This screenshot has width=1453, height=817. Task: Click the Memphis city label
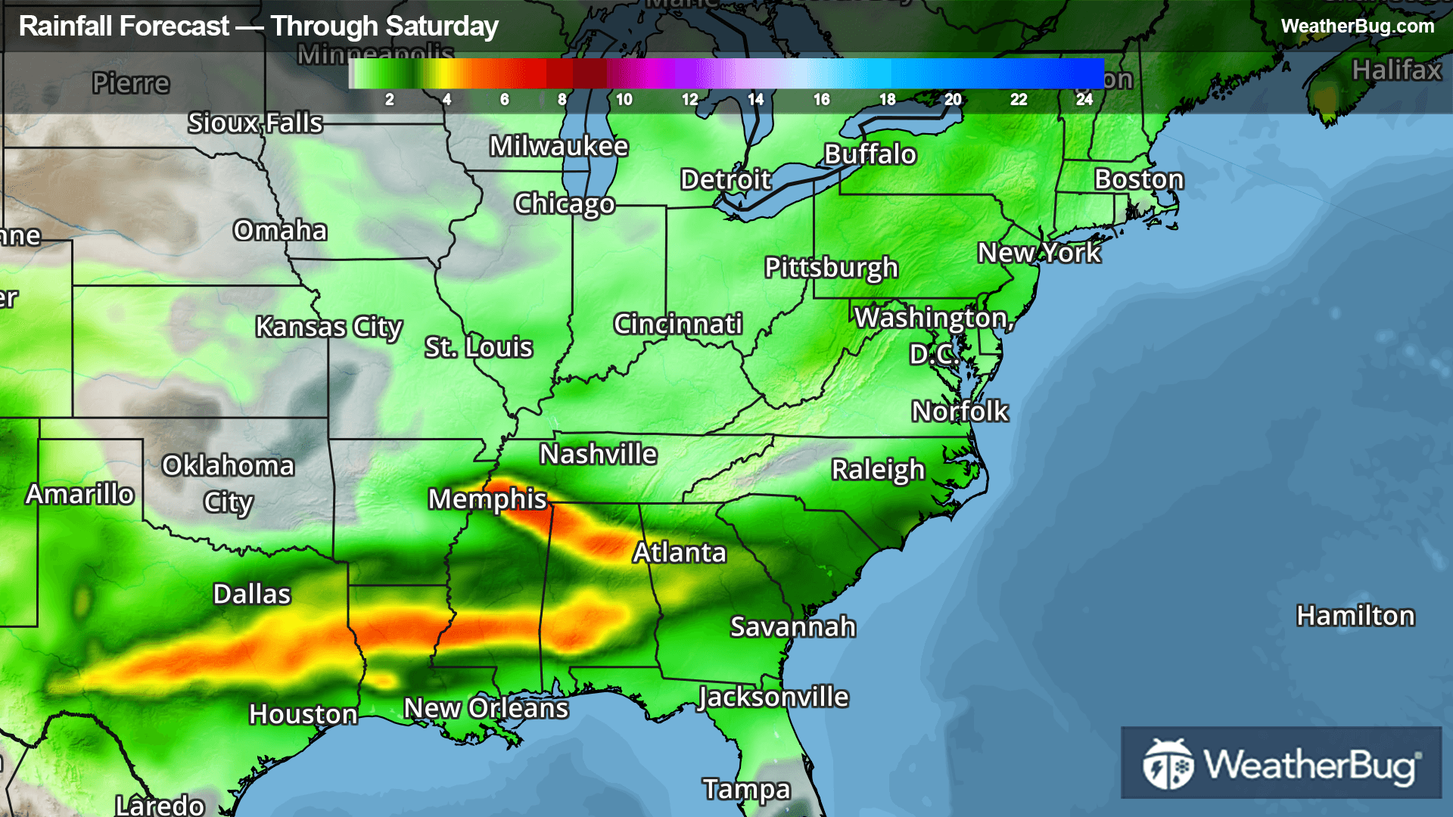pyautogui.click(x=487, y=499)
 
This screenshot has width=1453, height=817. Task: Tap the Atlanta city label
pyautogui.click(x=680, y=553)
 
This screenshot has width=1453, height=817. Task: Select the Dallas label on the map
pyautogui.click(x=252, y=595)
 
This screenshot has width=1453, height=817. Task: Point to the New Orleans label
pyautogui.click(x=486, y=709)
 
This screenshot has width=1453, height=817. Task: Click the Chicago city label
pyautogui.click(x=565, y=204)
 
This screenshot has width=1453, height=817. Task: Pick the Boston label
pyautogui.click(x=1139, y=180)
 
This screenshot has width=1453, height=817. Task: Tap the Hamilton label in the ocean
pyautogui.click(x=1355, y=617)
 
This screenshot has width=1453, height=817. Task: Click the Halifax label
pyautogui.click(x=1396, y=70)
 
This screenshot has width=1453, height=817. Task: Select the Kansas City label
pyautogui.click(x=328, y=328)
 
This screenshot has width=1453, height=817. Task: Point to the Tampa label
pyautogui.click(x=746, y=790)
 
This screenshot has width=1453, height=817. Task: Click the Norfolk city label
pyautogui.click(x=960, y=412)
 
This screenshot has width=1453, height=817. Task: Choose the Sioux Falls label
pyautogui.click(x=255, y=123)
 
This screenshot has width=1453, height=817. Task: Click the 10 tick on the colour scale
pyautogui.click(x=624, y=100)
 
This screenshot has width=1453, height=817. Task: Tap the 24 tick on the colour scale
pyautogui.click(x=1084, y=100)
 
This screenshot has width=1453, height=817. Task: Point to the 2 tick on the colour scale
pyautogui.click(x=389, y=100)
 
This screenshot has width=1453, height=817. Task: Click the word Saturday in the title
pyautogui.click(x=449, y=26)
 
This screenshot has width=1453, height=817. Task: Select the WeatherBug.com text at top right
pyautogui.click(x=1357, y=26)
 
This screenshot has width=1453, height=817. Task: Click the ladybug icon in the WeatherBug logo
pyautogui.click(x=1168, y=764)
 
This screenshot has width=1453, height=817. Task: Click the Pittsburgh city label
pyautogui.click(x=831, y=268)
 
